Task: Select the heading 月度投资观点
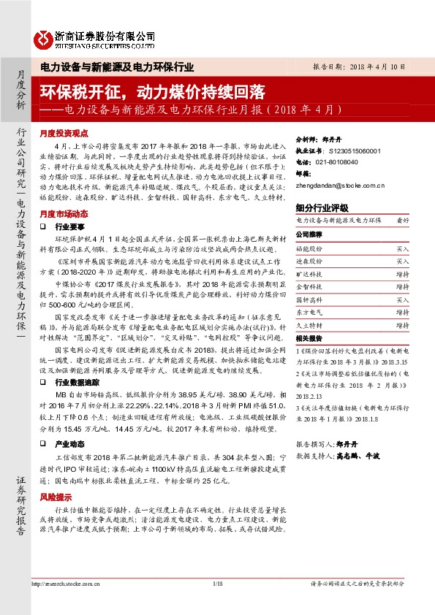pos(64,134)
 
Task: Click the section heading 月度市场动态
pos(64,214)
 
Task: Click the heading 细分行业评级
pos(322,207)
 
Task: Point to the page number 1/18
pos(217,584)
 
